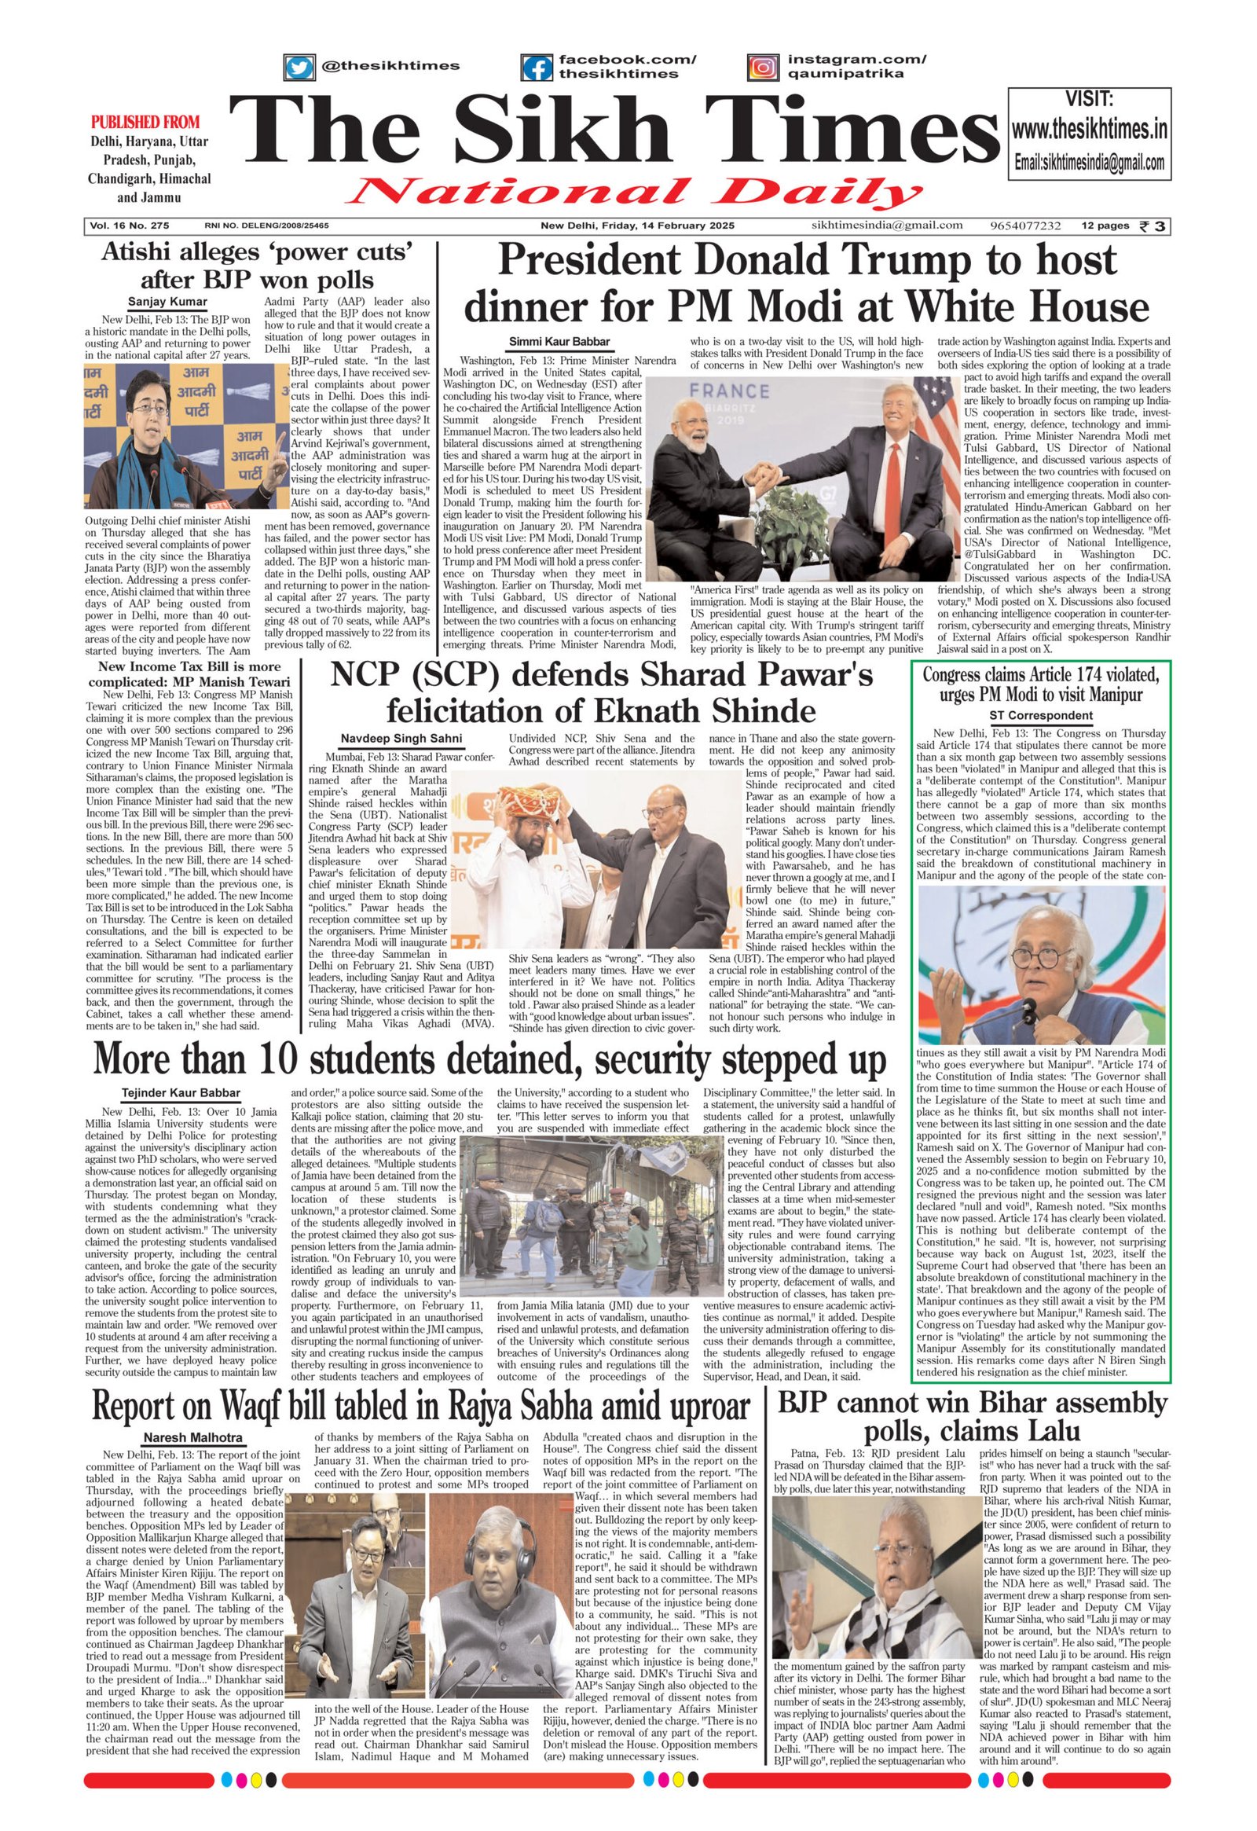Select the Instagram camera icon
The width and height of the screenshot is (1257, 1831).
tap(761, 67)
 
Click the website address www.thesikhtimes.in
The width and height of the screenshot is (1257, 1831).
tap(1089, 129)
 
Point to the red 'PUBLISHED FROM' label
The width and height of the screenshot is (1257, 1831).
tap(145, 122)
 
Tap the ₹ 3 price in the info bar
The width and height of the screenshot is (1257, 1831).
tap(1156, 226)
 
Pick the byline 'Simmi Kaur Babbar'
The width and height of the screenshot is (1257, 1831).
tap(559, 341)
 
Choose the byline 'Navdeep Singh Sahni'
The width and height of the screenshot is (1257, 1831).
tap(401, 738)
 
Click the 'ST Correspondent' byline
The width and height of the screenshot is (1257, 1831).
tap(1040, 715)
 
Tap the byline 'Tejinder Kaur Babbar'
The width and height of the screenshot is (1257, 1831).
tap(182, 1093)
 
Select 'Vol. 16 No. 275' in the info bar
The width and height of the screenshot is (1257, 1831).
tap(129, 226)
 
